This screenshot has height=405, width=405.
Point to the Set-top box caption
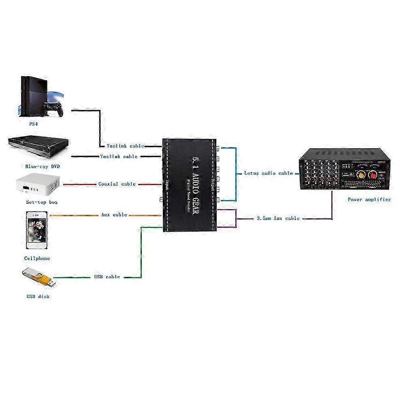(x=39, y=202)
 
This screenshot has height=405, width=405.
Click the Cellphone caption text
(x=37, y=258)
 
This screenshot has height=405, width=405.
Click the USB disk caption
(x=38, y=296)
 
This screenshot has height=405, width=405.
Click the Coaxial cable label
(x=117, y=184)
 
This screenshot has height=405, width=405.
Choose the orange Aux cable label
(x=114, y=215)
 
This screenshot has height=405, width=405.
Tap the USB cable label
(x=107, y=277)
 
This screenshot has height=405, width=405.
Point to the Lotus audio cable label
(x=268, y=173)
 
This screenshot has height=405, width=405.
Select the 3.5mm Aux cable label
(x=278, y=218)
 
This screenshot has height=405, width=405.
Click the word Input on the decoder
(x=166, y=184)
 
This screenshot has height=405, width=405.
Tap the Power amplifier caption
(x=369, y=199)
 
